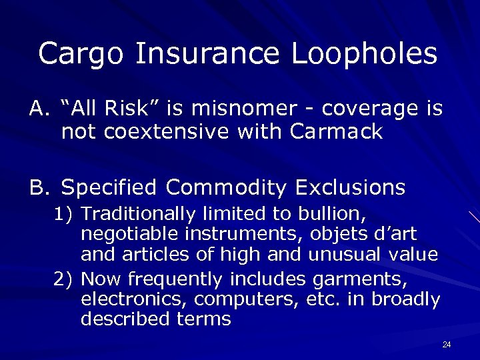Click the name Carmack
click(337, 132)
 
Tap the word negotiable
click(124, 235)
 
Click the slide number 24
click(447, 345)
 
